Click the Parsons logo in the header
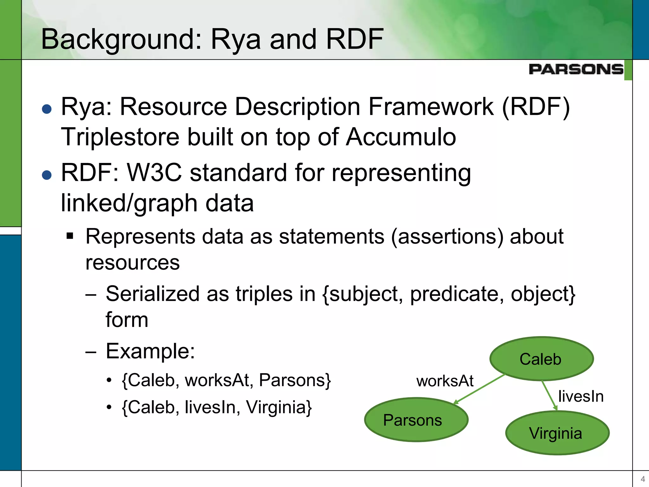pyautogui.click(x=576, y=69)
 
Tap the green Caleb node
pyautogui.click(x=541, y=359)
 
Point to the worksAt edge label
pyautogui.click(x=445, y=381)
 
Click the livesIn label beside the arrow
pyautogui.click(x=581, y=396)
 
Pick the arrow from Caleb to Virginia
pyautogui.click(x=549, y=395)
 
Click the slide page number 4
pyautogui.click(x=643, y=479)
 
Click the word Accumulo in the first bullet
pyautogui.click(x=401, y=137)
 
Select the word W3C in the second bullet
pyautogui.click(x=154, y=173)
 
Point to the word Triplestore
pyautogui.click(x=120, y=137)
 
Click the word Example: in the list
pyautogui.click(x=150, y=351)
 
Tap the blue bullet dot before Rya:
pyautogui.click(x=47, y=109)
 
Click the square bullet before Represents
pyautogui.click(x=70, y=236)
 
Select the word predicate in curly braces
pyautogui.click(x=457, y=294)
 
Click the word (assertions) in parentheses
pyautogui.click(x=447, y=237)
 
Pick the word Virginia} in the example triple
pyautogui.click(x=279, y=407)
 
